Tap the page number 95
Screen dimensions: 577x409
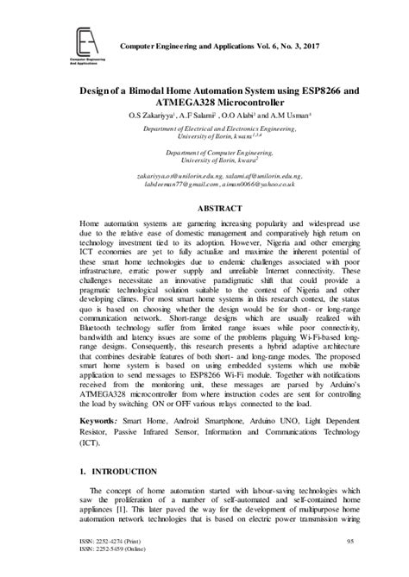(x=350, y=540)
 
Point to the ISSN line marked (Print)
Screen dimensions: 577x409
(x=103, y=540)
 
